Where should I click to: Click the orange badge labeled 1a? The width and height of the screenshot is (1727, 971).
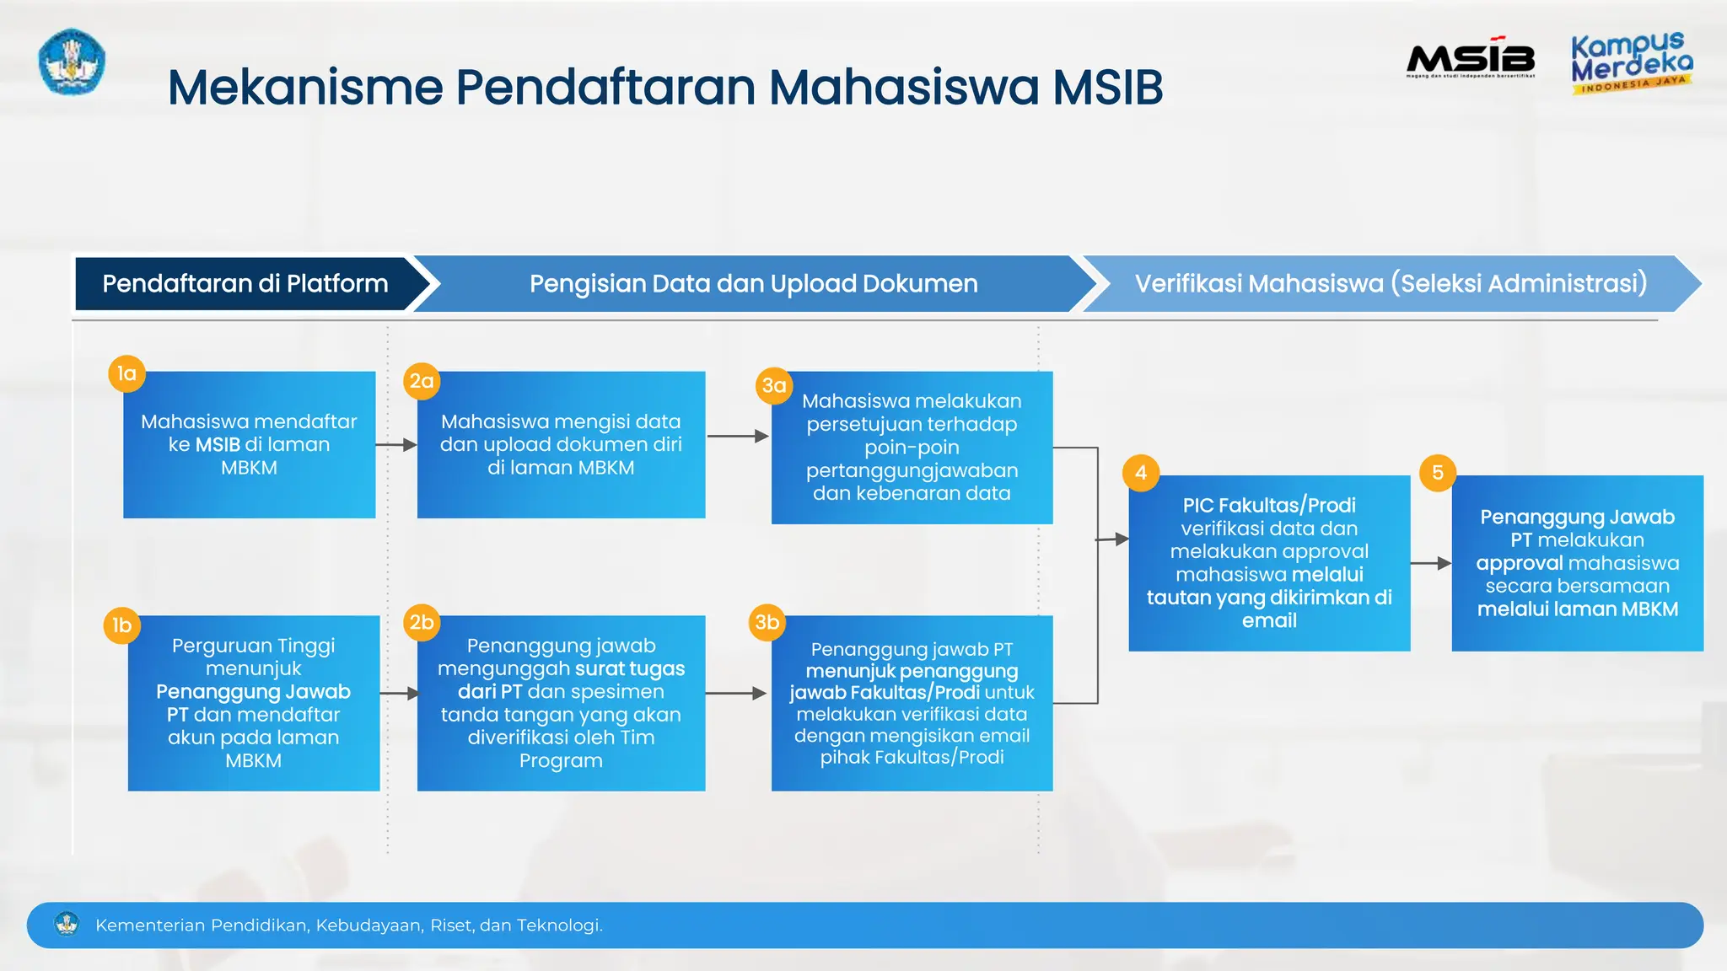point(127,373)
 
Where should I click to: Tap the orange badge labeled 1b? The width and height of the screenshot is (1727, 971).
point(122,625)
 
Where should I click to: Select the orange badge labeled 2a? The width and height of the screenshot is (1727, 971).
point(422,381)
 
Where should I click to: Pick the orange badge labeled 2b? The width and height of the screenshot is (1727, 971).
point(422,622)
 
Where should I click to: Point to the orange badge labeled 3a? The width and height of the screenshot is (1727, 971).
point(774,385)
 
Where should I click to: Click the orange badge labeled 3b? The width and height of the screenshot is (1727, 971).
point(767,622)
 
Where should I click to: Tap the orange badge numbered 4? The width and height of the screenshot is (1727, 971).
point(1141,472)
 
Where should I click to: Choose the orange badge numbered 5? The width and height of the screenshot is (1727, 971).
point(1438,472)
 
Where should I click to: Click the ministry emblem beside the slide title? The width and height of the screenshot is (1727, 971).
point(72,62)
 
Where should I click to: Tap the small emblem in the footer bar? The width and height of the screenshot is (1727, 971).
point(67,924)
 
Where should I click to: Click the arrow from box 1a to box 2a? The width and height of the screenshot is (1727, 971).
point(396,444)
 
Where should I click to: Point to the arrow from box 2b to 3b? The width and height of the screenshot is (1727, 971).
point(736,693)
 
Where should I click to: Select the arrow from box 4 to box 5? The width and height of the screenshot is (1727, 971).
point(1431,563)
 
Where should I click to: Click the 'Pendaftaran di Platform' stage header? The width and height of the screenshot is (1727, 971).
point(245,284)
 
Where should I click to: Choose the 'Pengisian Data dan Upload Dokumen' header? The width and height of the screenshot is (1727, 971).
point(753,284)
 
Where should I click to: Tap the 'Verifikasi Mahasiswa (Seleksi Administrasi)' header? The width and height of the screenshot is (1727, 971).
point(1390,284)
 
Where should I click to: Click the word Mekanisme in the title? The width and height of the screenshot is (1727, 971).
point(305,87)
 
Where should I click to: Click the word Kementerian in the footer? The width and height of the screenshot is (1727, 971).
point(150,925)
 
